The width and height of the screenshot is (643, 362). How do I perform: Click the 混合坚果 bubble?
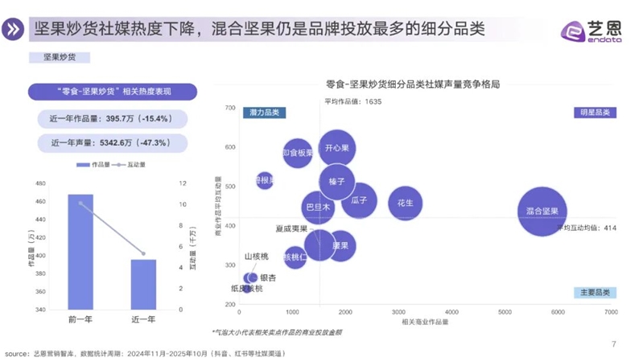coord(547,211)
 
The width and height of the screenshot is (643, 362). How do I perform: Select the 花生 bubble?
coord(405,204)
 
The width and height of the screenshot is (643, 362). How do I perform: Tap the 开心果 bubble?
coord(337,149)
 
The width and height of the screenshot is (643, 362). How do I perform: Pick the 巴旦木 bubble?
coord(318,208)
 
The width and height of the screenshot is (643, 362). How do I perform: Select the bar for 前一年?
coord(80,251)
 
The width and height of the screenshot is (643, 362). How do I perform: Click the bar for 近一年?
coord(143,283)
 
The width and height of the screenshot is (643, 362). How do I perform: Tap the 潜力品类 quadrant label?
coord(264,113)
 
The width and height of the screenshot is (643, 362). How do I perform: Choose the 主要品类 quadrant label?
coord(594,293)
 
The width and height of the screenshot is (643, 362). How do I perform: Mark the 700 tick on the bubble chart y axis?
coord(229,108)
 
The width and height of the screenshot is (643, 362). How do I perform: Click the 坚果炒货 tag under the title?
coord(59,57)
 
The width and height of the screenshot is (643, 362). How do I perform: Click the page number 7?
coord(614,344)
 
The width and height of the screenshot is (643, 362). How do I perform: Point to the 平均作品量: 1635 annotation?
coord(352,101)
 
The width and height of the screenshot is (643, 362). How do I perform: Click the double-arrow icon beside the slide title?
coord(14,30)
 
